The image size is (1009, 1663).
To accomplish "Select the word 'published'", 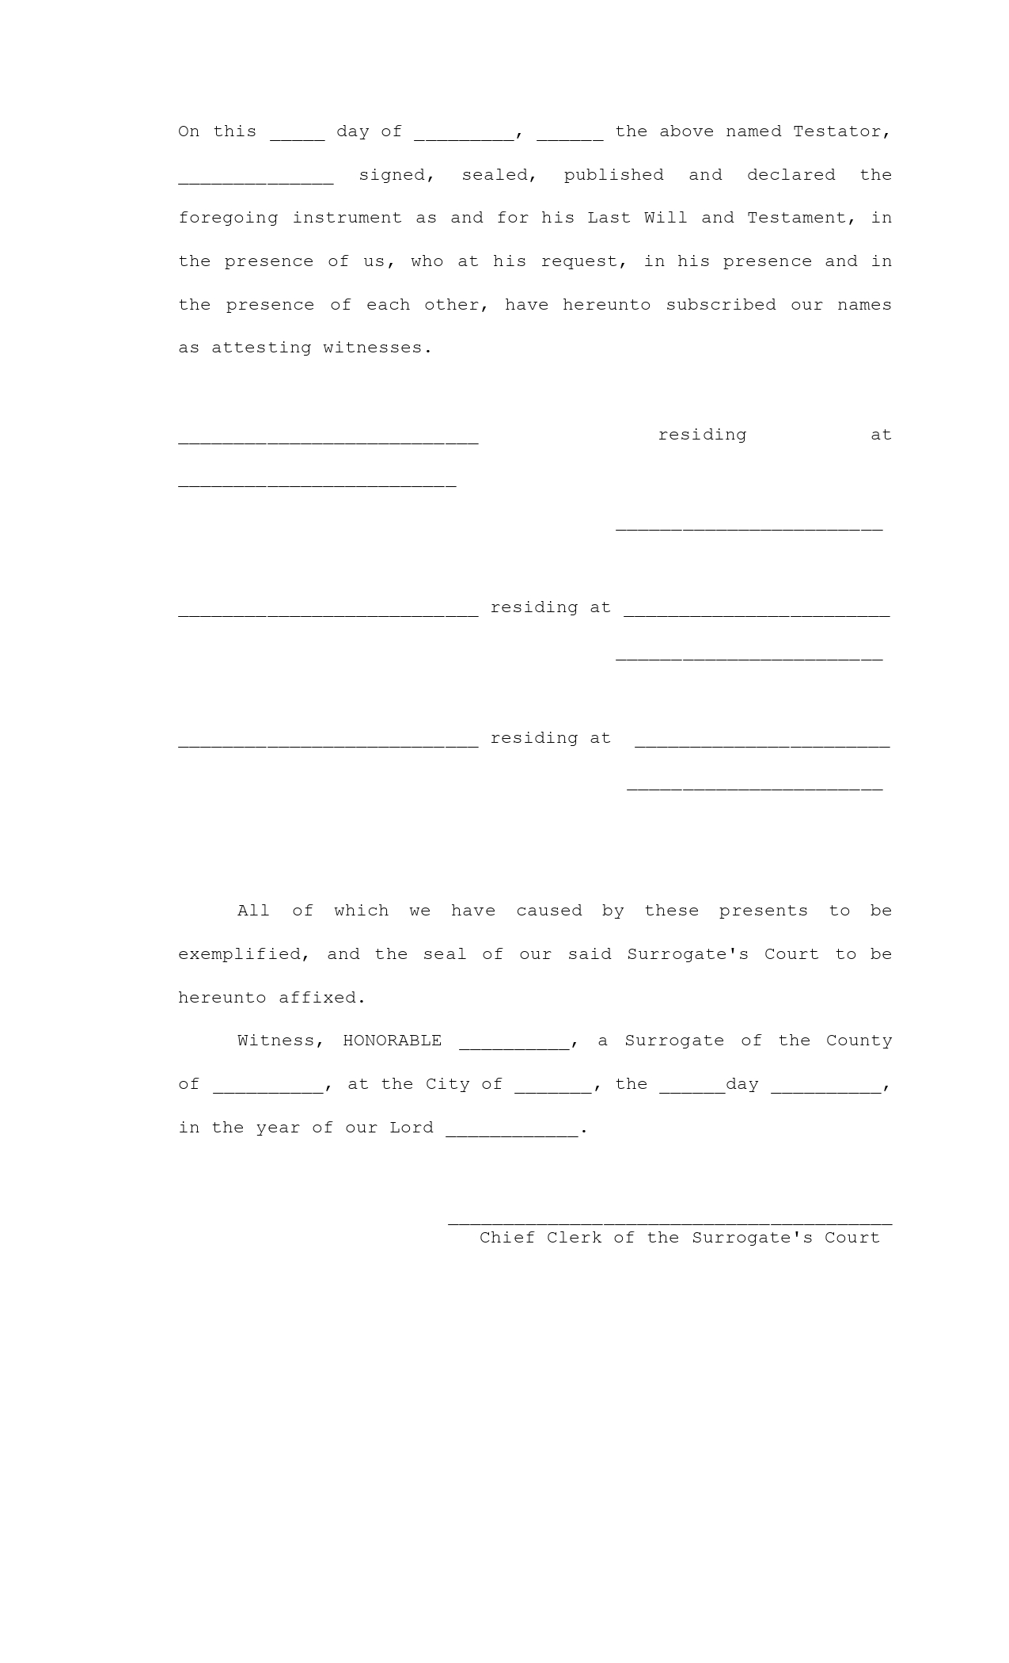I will click(613, 175).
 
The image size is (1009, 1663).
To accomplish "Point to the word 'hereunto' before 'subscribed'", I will click(606, 305).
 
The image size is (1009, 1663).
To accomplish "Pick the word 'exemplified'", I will click(239, 954).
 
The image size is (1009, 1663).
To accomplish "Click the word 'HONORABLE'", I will click(392, 1041).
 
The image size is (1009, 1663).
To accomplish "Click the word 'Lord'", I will click(412, 1128).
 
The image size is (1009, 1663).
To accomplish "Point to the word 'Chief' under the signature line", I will click(506, 1238).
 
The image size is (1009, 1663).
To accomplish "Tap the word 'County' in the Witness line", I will click(859, 1041).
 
